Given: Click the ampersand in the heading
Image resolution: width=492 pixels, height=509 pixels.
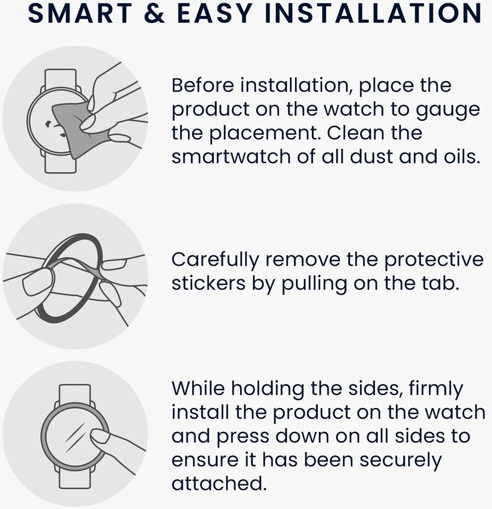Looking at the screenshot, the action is [x=154, y=13].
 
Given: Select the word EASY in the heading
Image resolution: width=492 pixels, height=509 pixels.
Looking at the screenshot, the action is [x=215, y=13].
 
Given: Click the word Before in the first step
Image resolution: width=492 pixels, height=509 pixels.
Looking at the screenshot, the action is [x=202, y=85].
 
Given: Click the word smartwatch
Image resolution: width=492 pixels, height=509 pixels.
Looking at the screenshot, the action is [x=231, y=157].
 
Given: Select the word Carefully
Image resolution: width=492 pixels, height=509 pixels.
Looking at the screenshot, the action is [x=215, y=260].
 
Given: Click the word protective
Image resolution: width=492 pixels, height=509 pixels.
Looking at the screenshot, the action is [x=434, y=260].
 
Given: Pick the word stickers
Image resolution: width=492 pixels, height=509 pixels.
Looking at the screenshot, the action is [x=209, y=283].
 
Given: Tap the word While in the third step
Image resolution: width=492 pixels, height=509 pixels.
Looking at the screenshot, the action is [x=198, y=388].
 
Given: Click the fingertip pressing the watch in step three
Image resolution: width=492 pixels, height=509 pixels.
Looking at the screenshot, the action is [x=99, y=436].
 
